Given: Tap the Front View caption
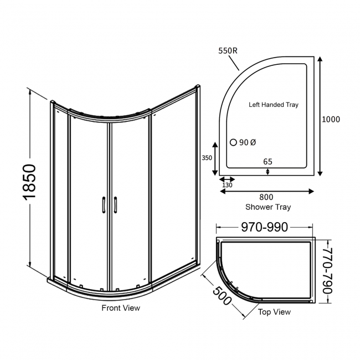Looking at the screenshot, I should [120, 308].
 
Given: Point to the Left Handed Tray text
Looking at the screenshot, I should [274, 104].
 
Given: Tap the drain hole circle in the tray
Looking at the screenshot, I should [233, 142].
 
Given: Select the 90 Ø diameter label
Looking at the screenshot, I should [248, 143].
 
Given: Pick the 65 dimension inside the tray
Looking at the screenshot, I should [268, 161].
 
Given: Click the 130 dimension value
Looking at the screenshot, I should [228, 185].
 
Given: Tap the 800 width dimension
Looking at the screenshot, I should [267, 197].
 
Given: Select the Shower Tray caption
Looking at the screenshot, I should [268, 207].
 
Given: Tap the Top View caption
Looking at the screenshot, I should [274, 312].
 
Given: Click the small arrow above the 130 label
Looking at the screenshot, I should [228, 178].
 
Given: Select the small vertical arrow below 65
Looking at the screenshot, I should [268, 171].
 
